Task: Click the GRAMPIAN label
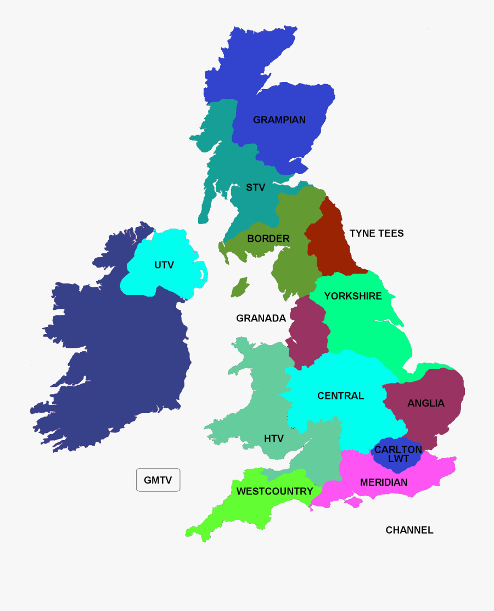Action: click(279, 120)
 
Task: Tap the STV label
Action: click(255, 187)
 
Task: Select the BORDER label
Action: click(268, 238)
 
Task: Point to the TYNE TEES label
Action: click(377, 233)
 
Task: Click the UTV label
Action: click(164, 265)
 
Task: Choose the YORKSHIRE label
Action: click(352, 296)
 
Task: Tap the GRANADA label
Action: click(261, 318)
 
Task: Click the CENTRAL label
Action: click(340, 396)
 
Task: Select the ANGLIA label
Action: click(426, 403)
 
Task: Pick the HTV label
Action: click(274, 438)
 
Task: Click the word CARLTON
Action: click(398, 449)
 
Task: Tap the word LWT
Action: click(398, 458)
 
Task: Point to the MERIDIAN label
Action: click(384, 482)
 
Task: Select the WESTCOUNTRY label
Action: click(274, 491)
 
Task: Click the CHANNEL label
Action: click(409, 530)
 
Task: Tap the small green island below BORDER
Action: click(239, 287)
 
